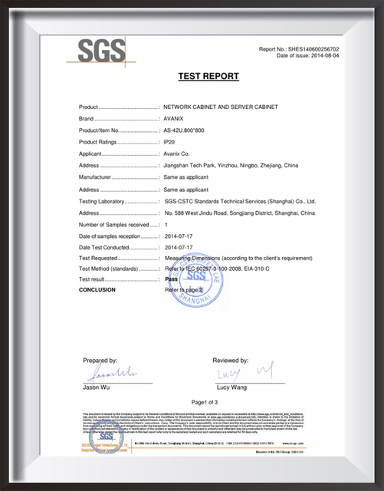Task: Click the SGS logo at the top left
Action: (x=101, y=52)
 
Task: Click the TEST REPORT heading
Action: (x=208, y=76)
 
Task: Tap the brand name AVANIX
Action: (x=176, y=119)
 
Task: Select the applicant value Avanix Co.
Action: (x=181, y=154)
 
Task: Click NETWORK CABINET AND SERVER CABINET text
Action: (x=220, y=107)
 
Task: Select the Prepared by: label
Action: (x=100, y=359)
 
